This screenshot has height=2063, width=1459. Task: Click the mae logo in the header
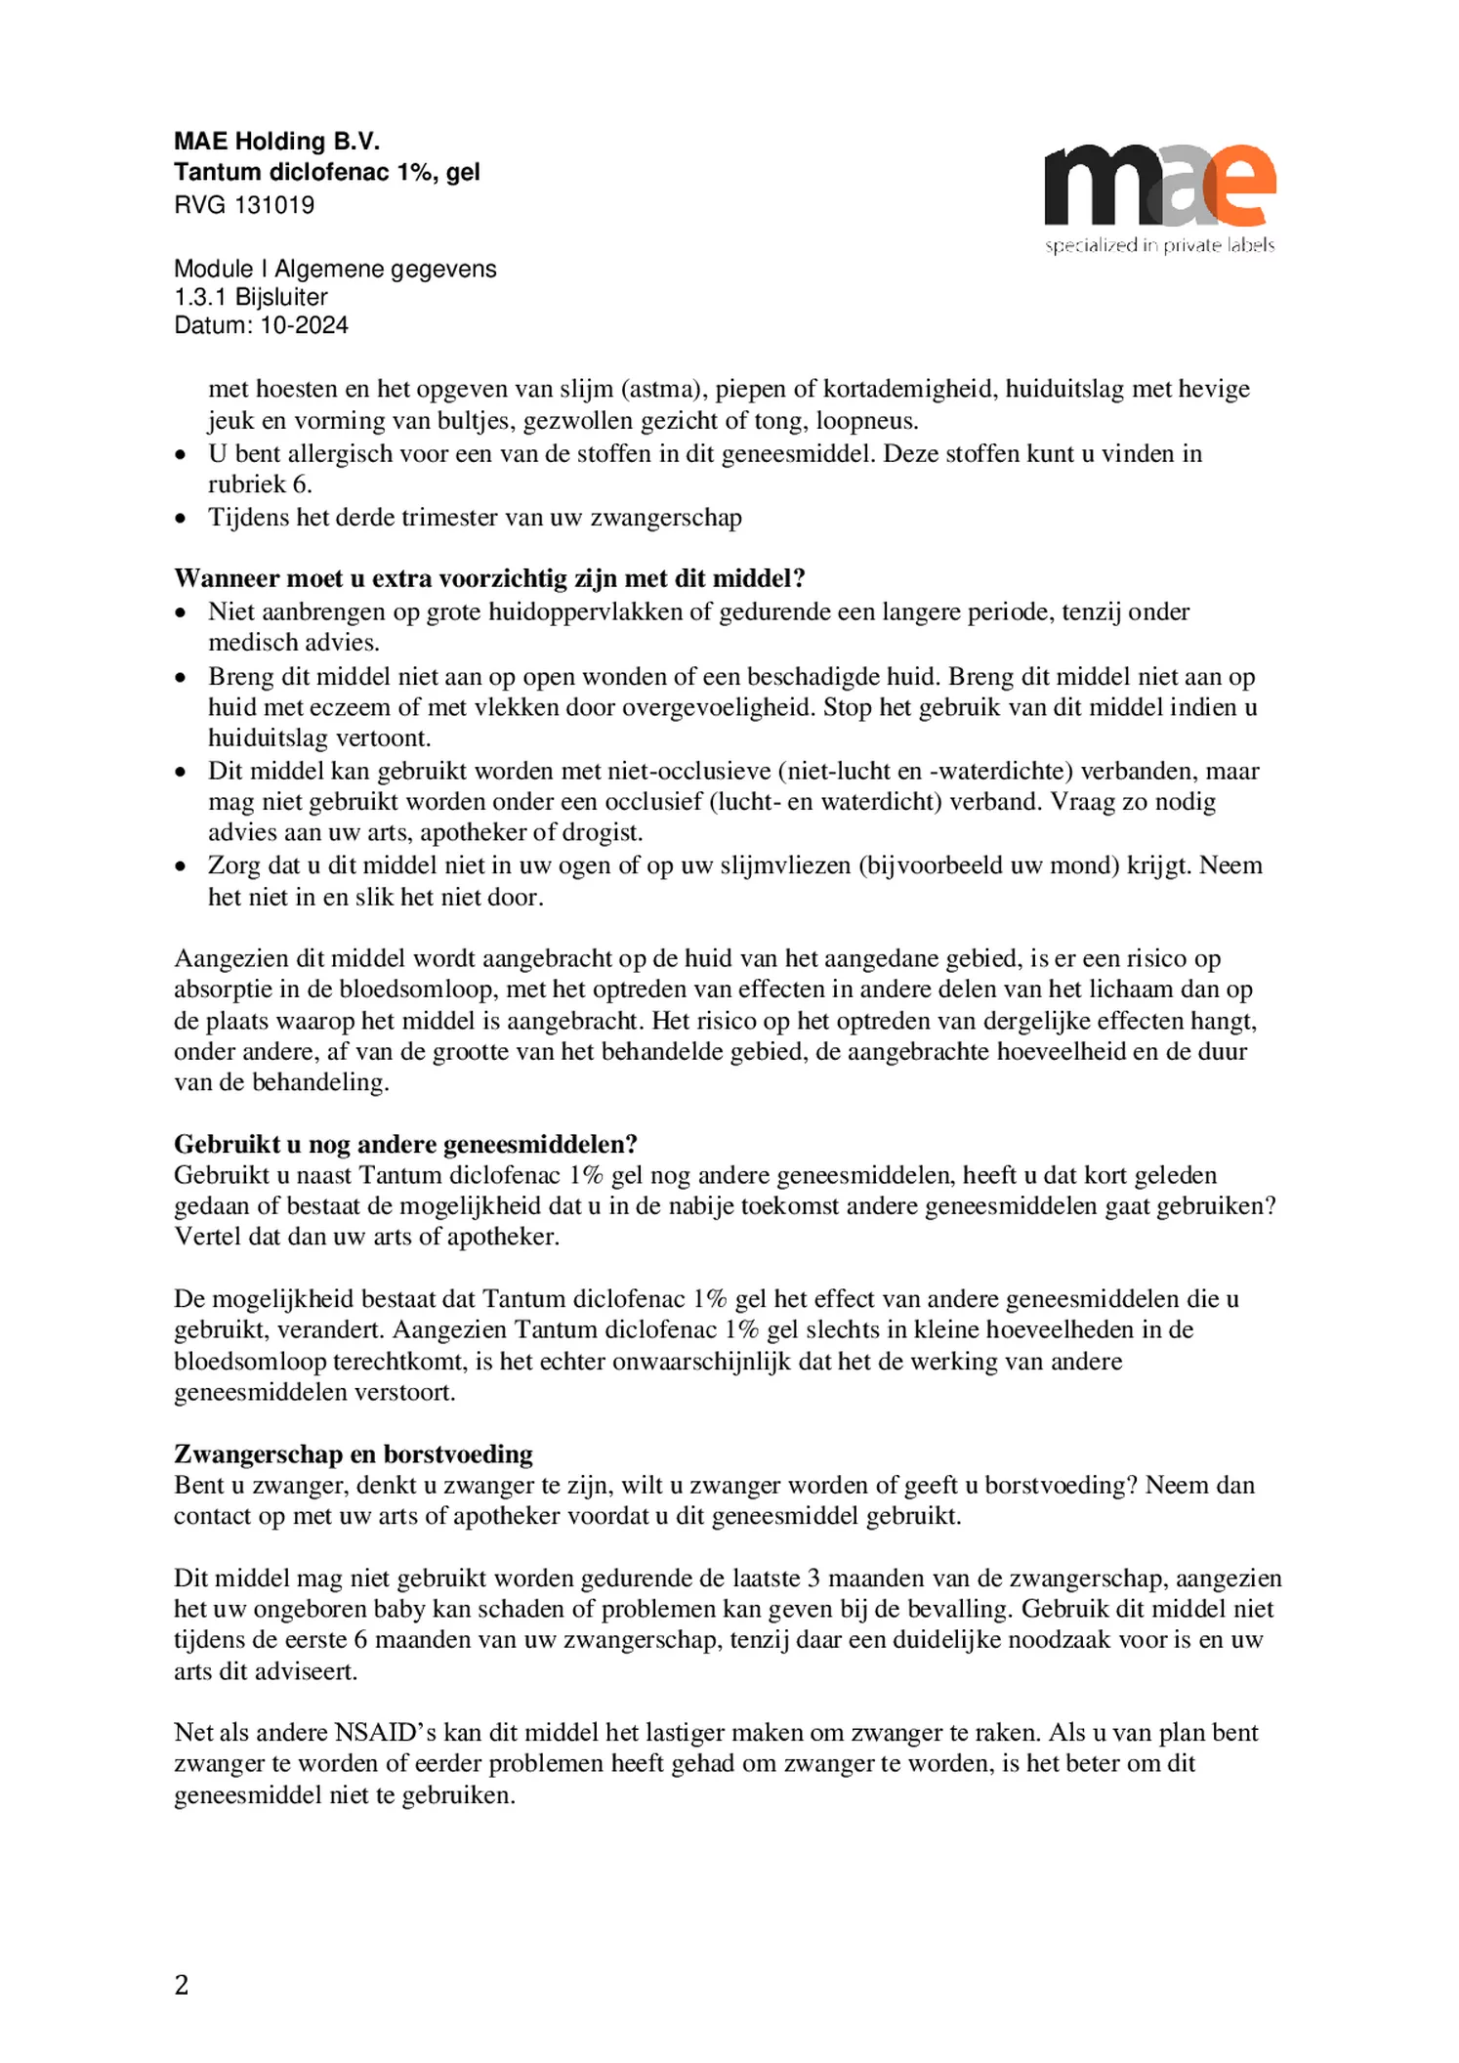tap(1159, 186)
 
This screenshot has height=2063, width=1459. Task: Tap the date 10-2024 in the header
tap(304, 325)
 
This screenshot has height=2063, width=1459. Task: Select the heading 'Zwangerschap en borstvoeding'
tap(353, 1454)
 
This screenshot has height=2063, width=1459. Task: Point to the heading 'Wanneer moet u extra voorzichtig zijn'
tap(489, 578)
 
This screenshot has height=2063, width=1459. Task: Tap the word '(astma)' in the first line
tap(663, 389)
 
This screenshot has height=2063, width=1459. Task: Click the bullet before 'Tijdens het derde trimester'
tap(180, 518)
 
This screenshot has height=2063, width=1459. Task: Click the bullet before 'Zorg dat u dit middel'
tap(180, 865)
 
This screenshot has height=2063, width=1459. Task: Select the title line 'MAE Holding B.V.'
tap(276, 143)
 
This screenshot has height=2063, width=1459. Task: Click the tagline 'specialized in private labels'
tap(1159, 245)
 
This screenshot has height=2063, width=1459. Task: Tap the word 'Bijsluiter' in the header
tap(281, 297)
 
